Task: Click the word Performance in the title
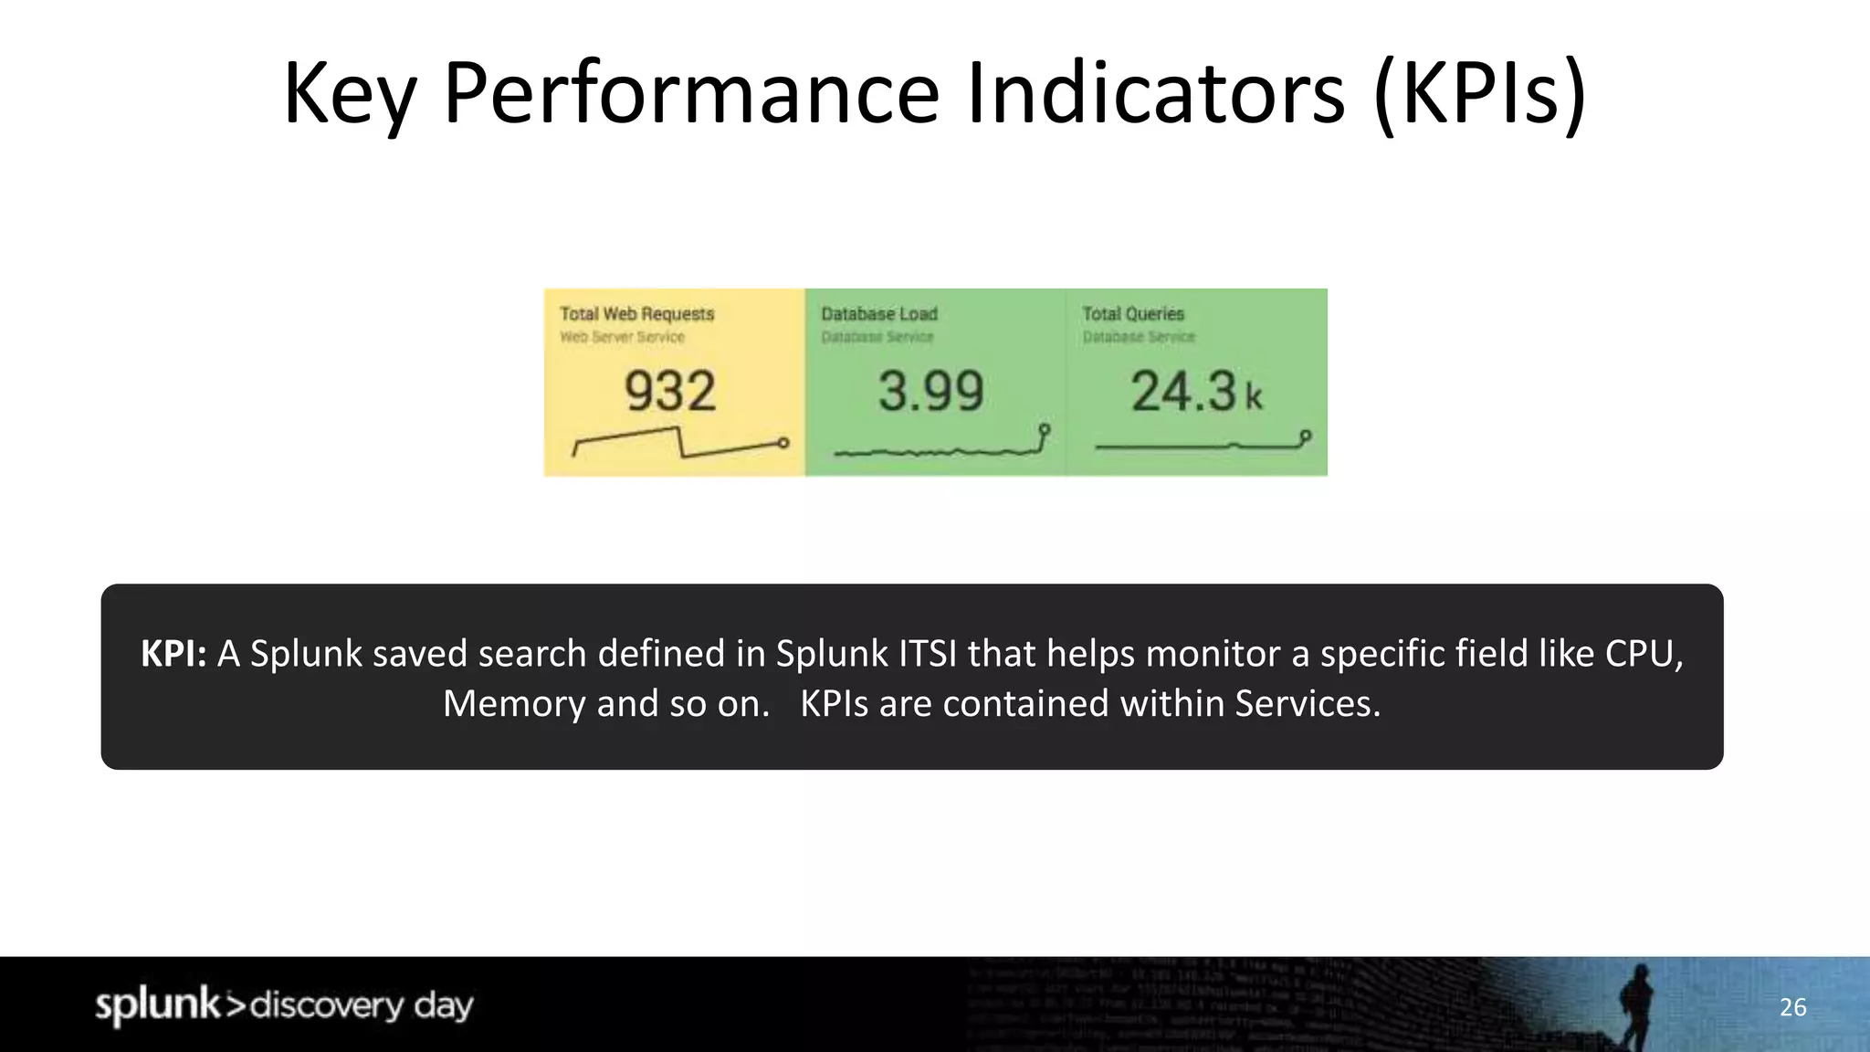(691, 93)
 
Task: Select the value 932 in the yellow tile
(670, 392)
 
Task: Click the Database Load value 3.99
(930, 392)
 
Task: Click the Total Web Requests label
(636, 314)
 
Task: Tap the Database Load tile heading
(878, 314)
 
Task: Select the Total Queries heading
(1132, 314)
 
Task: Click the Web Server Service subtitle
(622, 337)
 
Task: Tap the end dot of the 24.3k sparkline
(1306, 436)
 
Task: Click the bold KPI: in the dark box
(173, 654)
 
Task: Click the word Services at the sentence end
(1306, 704)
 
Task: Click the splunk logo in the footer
(158, 1005)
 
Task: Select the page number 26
(1792, 1007)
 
